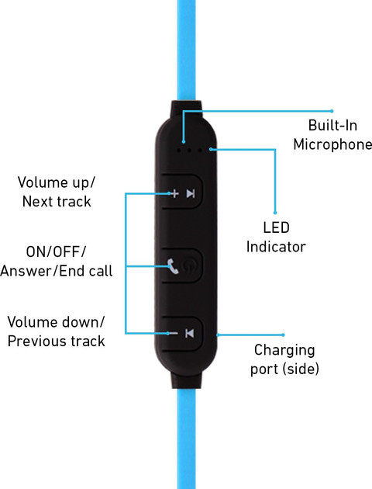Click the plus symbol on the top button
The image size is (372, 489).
coord(174,194)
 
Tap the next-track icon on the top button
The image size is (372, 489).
coord(191,194)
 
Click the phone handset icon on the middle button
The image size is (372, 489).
coord(173,265)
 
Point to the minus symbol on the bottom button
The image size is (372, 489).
coord(172,334)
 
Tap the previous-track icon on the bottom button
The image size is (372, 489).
coord(189,334)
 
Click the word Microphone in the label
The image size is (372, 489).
coord(332,144)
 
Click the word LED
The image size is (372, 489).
coord(276,227)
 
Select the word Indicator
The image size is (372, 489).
coord(276,247)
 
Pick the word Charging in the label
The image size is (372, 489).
coord(284,351)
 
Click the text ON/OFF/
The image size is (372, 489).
coord(56,251)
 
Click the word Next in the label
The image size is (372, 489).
coord(35,202)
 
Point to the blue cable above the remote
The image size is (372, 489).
coord(186,50)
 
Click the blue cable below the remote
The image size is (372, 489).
coord(186,439)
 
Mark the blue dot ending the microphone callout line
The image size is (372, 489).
coord(332,111)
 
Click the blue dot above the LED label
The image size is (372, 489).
coord(275,213)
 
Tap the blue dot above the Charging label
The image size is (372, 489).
coord(283,335)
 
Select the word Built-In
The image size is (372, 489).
coord(332,126)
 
